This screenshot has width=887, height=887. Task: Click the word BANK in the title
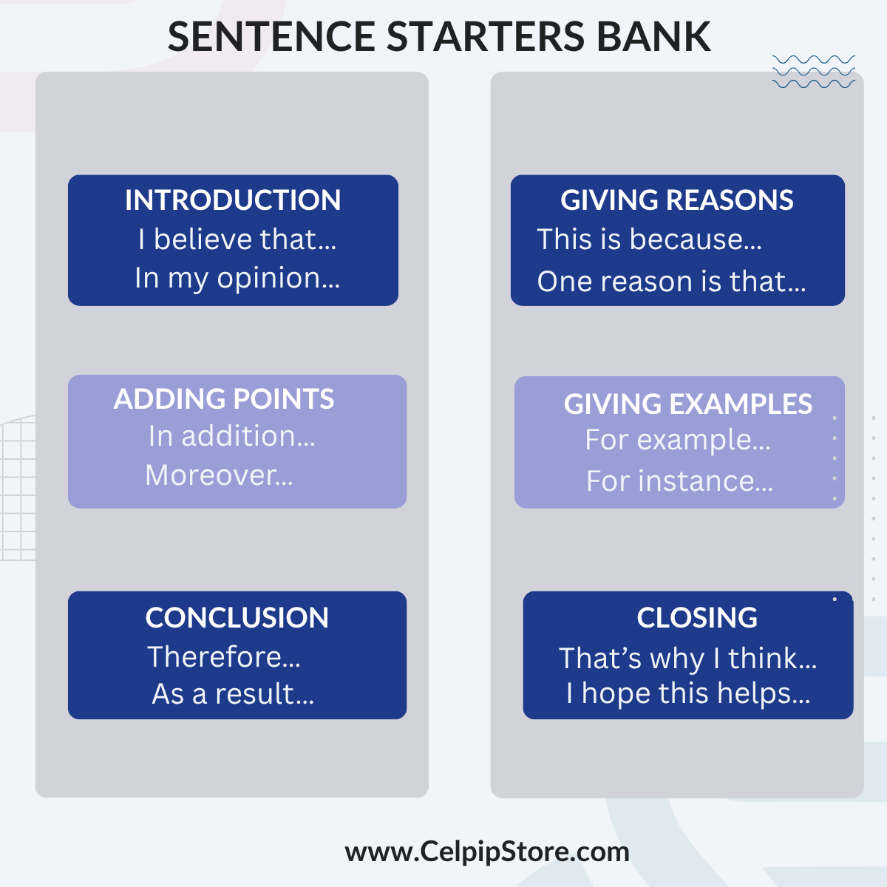(x=653, y=36)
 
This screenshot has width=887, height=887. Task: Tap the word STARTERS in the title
(x=486, y=36)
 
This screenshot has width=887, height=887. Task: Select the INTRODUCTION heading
(x=233, y=200)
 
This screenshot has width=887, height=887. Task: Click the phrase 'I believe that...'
(x=237, y=239)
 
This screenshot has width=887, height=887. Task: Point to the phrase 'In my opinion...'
(x=237, y=279)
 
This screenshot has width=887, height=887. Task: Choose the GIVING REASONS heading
(x=676, y=200)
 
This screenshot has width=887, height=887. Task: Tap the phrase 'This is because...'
(x=650, y=239)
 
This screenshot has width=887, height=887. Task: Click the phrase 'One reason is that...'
(x=672, y=281)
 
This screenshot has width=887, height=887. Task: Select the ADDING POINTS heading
(x=224, y=398)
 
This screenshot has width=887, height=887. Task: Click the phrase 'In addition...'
(x=231, y=436)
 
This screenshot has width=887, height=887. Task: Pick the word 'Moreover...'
(x=219, y=475)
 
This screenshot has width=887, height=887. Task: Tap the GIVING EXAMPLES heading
(x=687, y=404)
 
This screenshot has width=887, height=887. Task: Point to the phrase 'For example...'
(x=678, y=440)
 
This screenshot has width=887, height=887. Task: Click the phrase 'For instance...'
(x=679, y=480)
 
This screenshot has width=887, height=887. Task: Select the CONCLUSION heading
(x=237, y=617)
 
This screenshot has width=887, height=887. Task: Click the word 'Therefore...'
(x=224, y=656)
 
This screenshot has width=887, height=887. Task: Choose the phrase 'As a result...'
(x=233, y=693)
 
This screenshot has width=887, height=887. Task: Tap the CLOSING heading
(x=697, y=617)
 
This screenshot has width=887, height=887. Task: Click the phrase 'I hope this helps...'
(x=688, y=693)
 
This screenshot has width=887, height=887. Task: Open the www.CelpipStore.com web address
(x=487, y=852)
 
